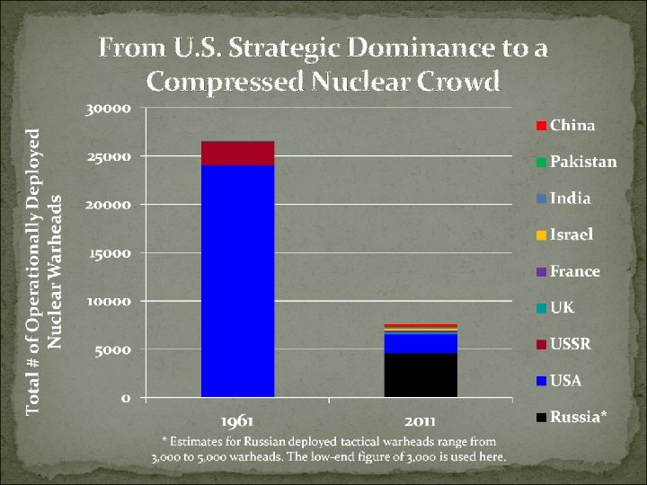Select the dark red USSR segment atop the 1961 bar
click(237, 154)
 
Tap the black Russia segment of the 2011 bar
click(421, 375)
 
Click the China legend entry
click(566, 125)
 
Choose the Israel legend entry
click(565, 234)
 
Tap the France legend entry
click(568, 271)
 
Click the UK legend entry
click(556, 307)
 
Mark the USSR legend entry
click(563, 344)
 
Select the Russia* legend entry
click(571, 417)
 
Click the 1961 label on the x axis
click(238, 419)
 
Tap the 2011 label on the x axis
click(421, 419)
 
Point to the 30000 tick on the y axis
click(110, 108)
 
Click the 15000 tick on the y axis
click(110, 252)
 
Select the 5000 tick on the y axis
click(113, 349)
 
